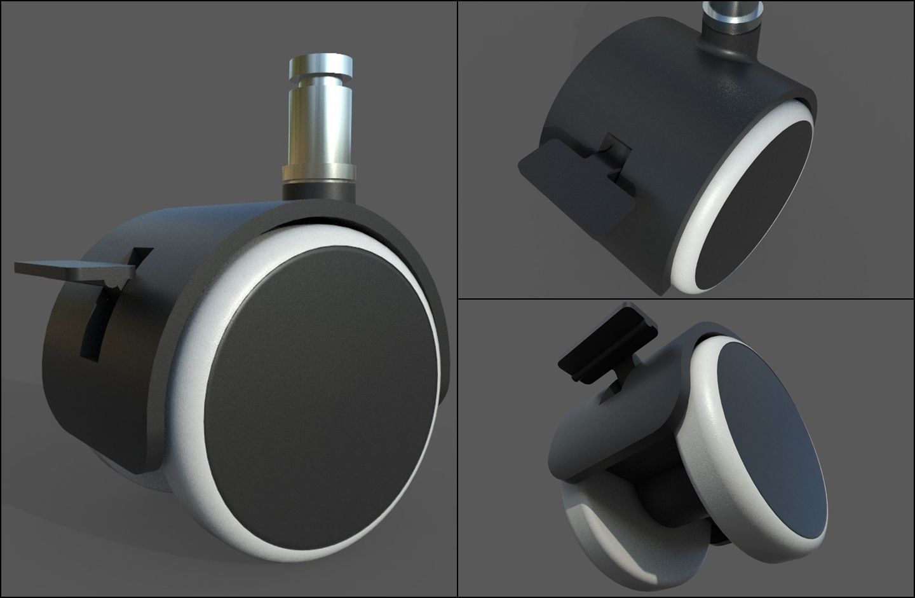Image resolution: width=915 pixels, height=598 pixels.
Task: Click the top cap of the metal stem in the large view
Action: pyautogui.click(x=322, y=66)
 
